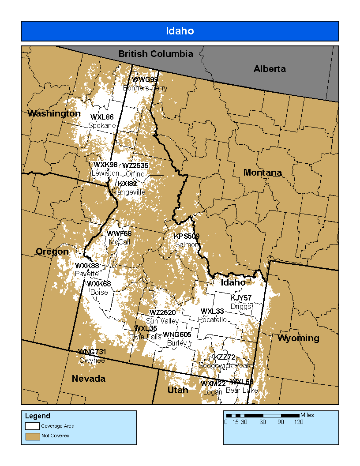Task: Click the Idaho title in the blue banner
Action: pos(180,31)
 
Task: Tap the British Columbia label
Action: pos(156,54)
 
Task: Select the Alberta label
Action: pos(269,69)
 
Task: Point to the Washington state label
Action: pos(54,113)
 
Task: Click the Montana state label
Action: pos(262,173)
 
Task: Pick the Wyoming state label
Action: pos(298,338)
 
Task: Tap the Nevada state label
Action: pos(89,379)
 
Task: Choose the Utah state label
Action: pos(178,390)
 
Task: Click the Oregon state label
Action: pos(52,252)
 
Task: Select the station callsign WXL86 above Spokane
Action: pos(102,117)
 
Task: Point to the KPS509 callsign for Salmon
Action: pos(186,237)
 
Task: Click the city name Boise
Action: pos(99,292)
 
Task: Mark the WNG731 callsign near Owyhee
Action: pos(92,352)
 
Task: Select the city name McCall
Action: pos(119,242)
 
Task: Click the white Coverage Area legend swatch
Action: pos(32,426)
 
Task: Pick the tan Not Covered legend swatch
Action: pos(32,436)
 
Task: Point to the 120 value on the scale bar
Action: pos(299,422)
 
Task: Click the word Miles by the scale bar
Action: pos(307,415)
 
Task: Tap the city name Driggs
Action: pos(240,306)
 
